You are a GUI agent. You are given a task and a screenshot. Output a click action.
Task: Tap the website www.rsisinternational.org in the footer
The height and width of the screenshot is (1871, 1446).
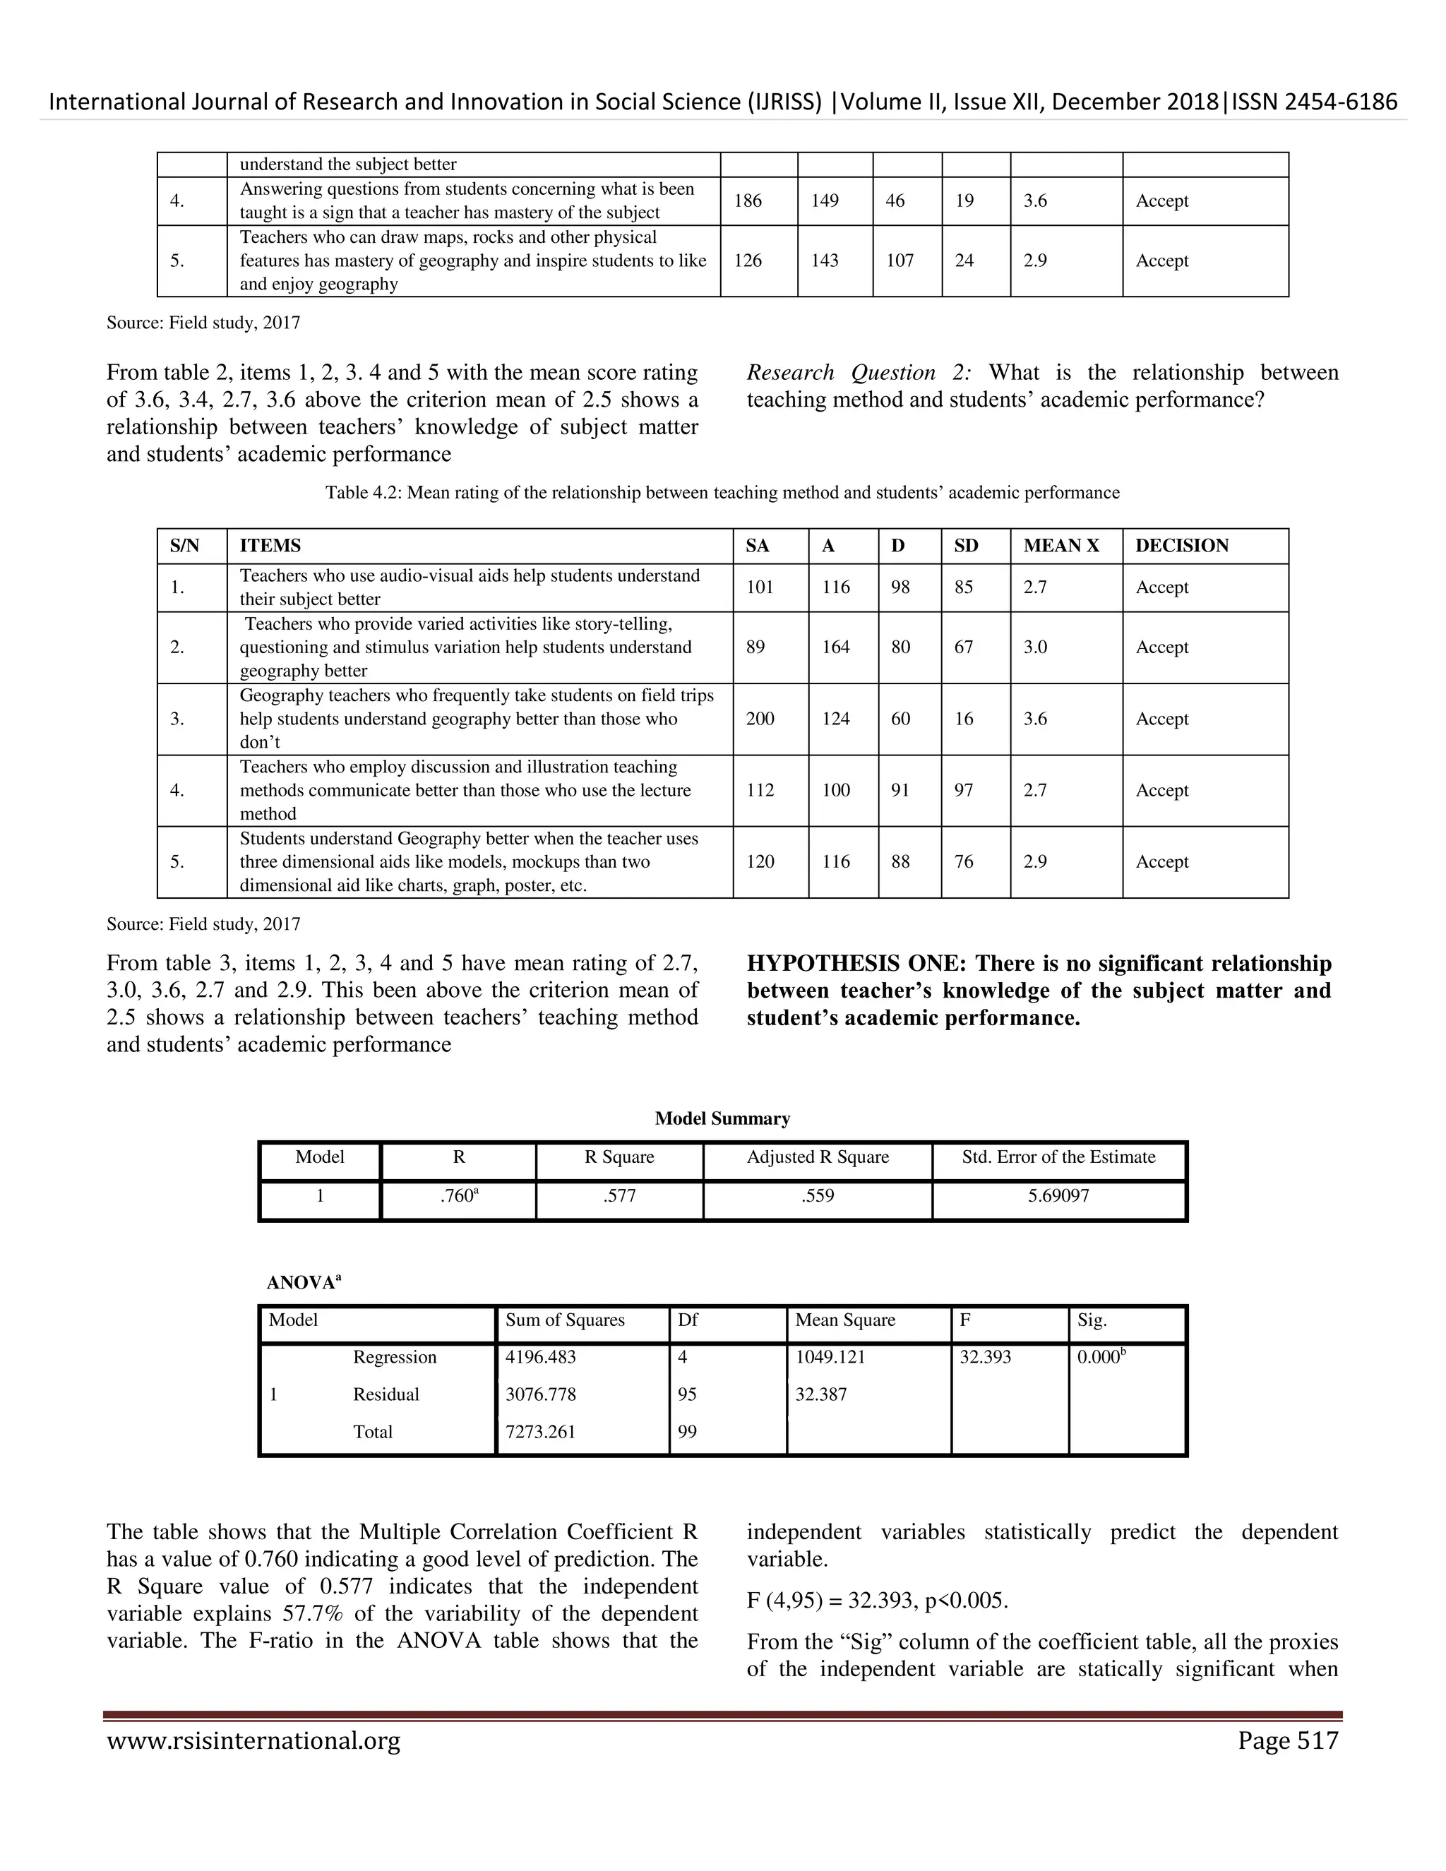(253, 1742)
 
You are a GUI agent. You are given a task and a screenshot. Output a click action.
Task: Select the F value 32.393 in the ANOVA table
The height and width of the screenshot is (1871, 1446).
(985, 1357)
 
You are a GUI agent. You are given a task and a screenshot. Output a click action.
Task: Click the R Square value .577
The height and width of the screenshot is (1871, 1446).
(619, 1196)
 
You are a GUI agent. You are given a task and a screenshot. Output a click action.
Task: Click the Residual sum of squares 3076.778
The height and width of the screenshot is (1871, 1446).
(541, 1394)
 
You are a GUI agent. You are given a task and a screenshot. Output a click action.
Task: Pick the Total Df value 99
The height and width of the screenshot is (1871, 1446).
(687, 1432)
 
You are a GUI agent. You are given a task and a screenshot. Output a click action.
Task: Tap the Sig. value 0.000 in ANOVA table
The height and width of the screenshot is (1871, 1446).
(1099, 1357)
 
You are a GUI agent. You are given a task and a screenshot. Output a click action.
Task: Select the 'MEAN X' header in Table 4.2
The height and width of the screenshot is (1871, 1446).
(1061, 546)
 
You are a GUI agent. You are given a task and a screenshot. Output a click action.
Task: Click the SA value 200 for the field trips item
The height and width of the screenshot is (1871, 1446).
(760, 719)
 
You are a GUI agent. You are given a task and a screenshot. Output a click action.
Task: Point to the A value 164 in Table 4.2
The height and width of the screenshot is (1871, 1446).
(836, 647)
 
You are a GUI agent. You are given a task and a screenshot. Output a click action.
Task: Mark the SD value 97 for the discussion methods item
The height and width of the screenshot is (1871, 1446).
(964, 790)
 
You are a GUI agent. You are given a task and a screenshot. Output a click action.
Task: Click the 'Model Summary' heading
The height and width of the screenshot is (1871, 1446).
(722, 1119)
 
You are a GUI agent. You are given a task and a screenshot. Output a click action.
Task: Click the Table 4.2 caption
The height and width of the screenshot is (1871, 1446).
(722, 493)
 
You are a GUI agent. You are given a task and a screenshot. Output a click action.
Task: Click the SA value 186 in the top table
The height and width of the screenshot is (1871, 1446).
(748, 201)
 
